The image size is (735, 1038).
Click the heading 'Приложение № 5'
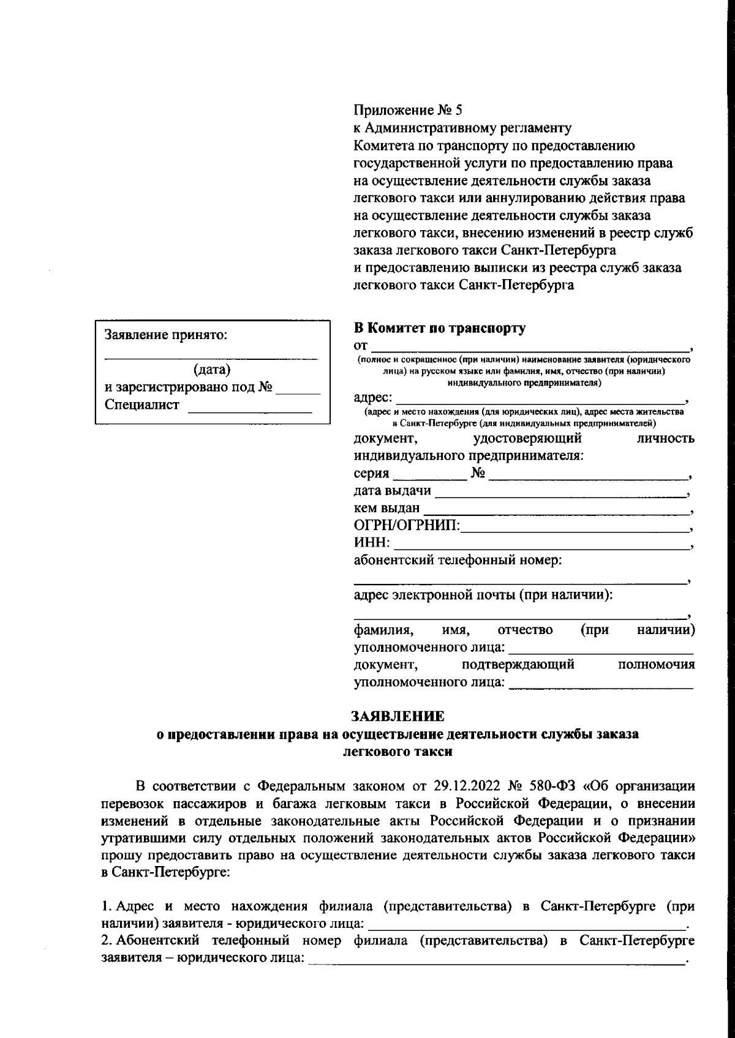[x=409, y=111]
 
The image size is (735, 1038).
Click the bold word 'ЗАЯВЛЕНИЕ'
[x=398, y=716]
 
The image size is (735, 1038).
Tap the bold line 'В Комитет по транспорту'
[x=440, y=328]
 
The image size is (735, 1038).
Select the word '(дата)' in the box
[x=212, y=370]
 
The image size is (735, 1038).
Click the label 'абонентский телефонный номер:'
[x=458, y=560]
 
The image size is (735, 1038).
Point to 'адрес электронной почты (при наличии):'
[x=484, y=595]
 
